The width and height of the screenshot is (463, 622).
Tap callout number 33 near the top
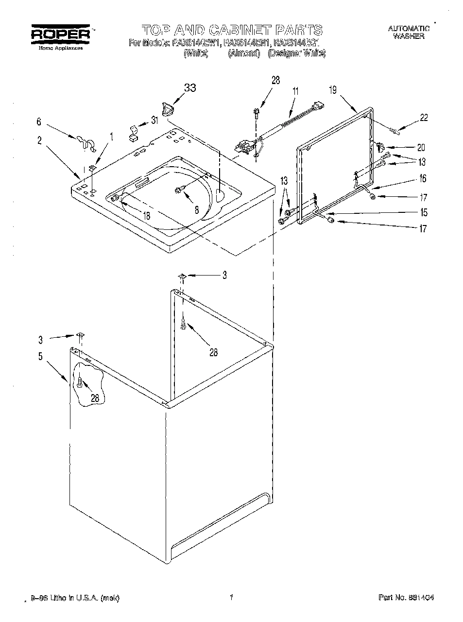[x=190, y=88]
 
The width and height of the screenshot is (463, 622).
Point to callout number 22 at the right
[x=424, y=118]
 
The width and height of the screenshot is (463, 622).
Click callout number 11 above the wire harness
[x=295, y=90]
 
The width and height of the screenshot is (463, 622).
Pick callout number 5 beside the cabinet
[x=41, y=356]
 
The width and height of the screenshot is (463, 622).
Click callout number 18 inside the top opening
[x=146, y=215]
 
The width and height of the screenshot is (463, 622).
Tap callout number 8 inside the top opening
[x=196, y=210]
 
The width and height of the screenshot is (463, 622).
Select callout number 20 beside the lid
[x=421, y=147]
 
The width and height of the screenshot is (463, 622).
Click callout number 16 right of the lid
[x=423, y=179]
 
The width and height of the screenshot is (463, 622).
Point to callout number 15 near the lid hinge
[x=424, y=212]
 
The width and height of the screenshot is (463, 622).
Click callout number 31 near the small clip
[x=154, y=121]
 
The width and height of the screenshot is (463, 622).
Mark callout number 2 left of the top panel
[x=39, y=141]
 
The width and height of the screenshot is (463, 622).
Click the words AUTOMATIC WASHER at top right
[x=409, y=32]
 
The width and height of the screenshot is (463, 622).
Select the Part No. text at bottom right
[x=405, y=597]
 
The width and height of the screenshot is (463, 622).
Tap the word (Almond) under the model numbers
[x=244, y=53]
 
